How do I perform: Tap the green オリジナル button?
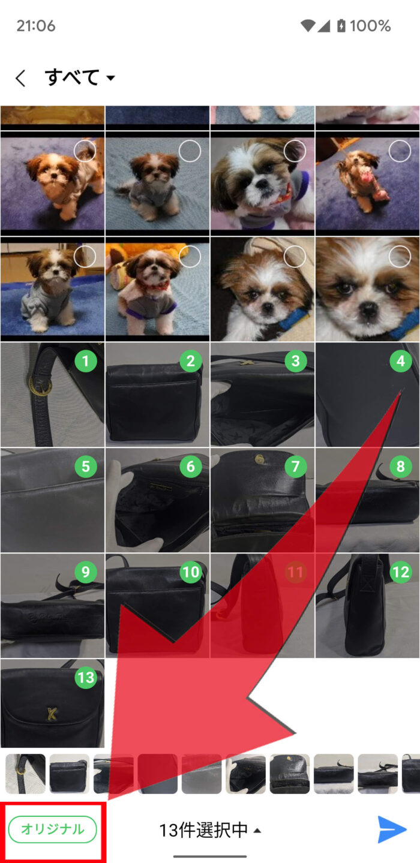tap(52, 829)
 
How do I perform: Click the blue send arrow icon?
tap(392, 829)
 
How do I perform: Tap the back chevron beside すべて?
tap(21, 78)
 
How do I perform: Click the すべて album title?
tap(72, 77)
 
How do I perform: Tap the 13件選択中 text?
tap(203, 830)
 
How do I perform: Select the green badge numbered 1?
tap(86, 361)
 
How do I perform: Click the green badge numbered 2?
tap(190, 361)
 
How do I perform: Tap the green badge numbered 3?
tap(296, 361)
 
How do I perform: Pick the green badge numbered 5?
tap(86, 466)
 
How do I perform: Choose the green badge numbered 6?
tap(190, 466)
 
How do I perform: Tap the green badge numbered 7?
tap(296, 466)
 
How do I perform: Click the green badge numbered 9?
tap(86, 572)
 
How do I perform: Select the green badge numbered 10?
tap(190, 572)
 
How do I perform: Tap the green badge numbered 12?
tap(401, 572)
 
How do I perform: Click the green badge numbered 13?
tap(86, 677)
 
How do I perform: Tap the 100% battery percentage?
tap(370, 26)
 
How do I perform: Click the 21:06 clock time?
tap(36, 26)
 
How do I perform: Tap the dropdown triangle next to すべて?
tap(110, 78)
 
